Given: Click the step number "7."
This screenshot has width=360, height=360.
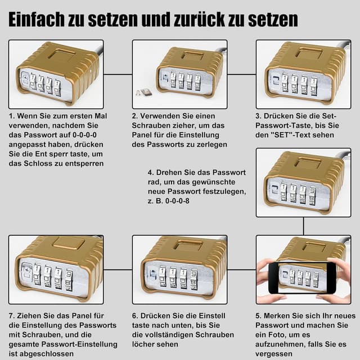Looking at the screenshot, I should coord(12,316).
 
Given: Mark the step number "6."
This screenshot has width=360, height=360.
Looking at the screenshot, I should coord(136,316).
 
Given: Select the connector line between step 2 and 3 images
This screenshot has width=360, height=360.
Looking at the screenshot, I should coord(241,74).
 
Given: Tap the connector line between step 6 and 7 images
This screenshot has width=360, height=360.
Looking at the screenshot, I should coord(118,269).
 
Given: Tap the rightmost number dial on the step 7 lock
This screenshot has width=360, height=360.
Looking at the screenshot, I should coord(68,279).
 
